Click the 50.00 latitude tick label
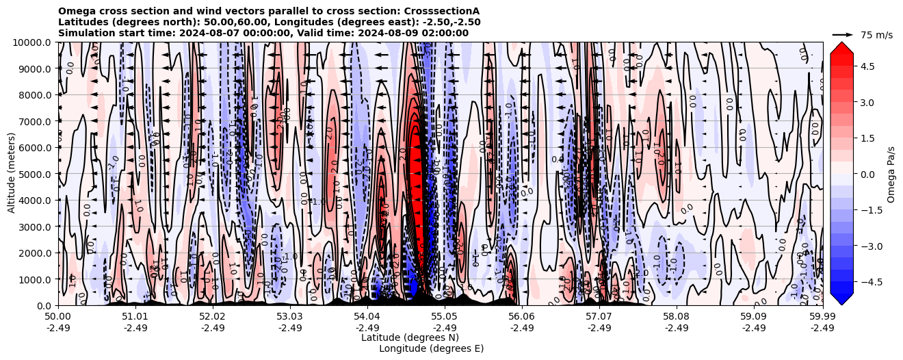58,317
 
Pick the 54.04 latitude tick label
367,317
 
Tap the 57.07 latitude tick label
599,317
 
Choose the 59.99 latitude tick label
822,317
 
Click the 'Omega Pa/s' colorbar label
891,174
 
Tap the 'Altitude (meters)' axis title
12,174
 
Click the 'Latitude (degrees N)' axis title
410,337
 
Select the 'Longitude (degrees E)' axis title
431,348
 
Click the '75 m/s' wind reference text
876,35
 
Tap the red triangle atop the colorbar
841,47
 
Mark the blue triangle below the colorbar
841,299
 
